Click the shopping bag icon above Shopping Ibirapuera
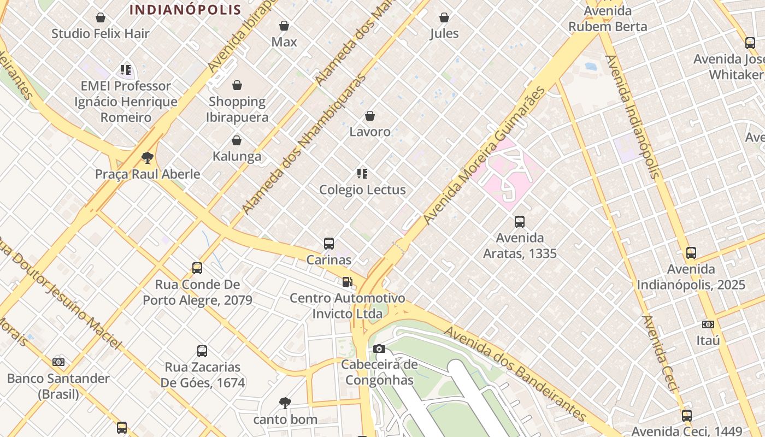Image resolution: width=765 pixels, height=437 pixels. tap(237, 85)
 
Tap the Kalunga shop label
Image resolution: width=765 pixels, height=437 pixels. tap(237, 156)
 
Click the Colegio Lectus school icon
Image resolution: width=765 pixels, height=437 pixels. tap(362, 174)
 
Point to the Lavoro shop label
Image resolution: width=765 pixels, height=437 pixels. tap(370, 132)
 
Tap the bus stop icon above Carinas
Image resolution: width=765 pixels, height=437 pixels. tap(328, 244)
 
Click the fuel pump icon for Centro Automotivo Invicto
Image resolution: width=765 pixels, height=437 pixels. tap(347, 282)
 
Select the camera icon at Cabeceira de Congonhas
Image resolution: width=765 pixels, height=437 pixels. tap(379, 349)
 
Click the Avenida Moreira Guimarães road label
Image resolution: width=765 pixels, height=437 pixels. tap(484, 155)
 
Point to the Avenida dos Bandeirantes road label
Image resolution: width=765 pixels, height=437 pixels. tap(515, 375)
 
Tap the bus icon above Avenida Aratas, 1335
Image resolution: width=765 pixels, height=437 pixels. tap(519, 222)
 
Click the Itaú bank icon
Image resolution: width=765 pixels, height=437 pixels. tap(708, 324)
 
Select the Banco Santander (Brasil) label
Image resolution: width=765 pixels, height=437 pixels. tap(58, 386)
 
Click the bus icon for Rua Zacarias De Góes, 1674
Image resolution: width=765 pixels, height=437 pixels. tap(202, 351)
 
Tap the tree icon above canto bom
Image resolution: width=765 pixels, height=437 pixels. tap(285, 403)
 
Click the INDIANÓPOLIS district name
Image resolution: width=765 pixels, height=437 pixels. tap(185, 10)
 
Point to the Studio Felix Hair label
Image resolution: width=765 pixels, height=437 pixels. tap(101, 33)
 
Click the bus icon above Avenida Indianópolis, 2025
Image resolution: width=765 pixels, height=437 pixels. tap(691, 253)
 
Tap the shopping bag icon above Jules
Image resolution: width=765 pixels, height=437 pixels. tap(444, 17)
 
